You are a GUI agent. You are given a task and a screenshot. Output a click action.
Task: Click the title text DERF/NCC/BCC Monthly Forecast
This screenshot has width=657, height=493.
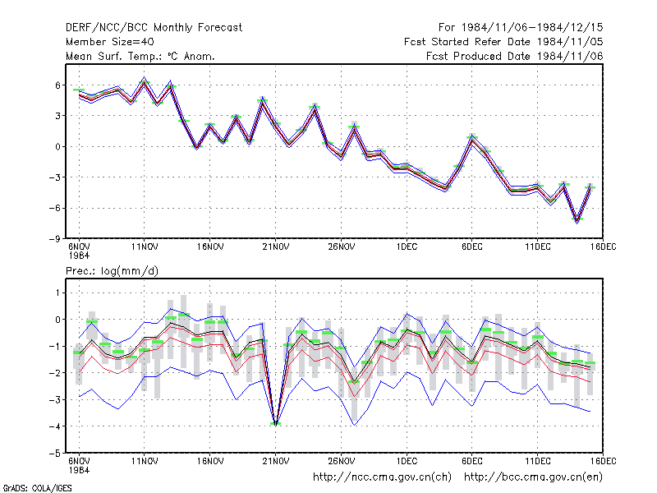154,28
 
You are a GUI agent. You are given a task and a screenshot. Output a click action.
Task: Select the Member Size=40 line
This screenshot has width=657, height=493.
110,42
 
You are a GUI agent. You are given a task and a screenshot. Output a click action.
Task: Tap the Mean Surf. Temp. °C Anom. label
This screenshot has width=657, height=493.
140,56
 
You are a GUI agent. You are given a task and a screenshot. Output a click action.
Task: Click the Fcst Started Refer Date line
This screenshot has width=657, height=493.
503,42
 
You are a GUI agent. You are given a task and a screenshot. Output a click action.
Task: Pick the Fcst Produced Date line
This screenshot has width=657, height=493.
515,56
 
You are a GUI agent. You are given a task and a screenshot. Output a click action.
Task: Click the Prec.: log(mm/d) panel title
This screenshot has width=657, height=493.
112,271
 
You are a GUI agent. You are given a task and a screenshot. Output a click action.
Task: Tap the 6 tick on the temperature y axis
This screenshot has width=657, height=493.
57,85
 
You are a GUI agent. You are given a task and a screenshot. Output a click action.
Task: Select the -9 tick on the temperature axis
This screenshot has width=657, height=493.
55,239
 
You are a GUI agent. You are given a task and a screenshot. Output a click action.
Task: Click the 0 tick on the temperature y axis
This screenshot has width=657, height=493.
57,147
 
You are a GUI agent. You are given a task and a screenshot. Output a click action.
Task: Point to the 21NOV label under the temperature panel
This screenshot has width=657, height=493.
276,247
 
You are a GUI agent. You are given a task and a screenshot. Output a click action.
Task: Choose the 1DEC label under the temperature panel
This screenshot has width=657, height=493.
407,247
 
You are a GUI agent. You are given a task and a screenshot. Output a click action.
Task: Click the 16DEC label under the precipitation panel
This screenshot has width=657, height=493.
604,461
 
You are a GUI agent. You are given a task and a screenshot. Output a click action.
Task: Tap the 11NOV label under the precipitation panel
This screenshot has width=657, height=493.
145,461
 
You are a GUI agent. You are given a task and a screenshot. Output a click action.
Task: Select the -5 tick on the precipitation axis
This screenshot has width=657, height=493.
55,454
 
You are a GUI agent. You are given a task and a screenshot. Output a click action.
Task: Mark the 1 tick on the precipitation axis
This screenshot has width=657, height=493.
57,293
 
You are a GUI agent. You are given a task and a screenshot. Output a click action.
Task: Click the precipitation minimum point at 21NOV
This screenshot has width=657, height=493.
276,424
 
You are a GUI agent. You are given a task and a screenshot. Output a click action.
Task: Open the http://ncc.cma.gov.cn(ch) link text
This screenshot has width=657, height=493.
382,477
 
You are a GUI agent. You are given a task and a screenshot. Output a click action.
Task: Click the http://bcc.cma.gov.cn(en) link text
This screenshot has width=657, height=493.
533,477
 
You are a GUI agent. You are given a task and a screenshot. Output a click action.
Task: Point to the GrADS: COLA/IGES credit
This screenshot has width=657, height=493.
37,488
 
